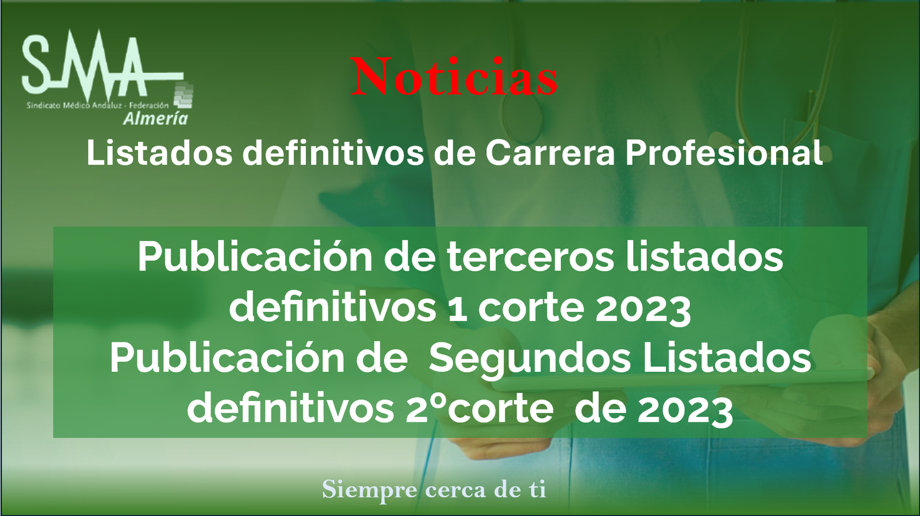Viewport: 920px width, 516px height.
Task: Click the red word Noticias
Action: point(454,77)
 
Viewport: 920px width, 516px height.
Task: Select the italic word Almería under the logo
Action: point(156,118)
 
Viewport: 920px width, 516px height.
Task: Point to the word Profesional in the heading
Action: point(724,153)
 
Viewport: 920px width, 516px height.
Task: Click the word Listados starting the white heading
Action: point(159,153)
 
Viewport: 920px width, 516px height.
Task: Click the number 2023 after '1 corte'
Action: point(643,309)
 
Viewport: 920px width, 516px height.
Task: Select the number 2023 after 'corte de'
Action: point(685,410)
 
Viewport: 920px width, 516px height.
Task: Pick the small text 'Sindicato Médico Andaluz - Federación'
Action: point(98,106)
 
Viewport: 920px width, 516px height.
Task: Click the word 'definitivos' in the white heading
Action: point(333,153)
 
